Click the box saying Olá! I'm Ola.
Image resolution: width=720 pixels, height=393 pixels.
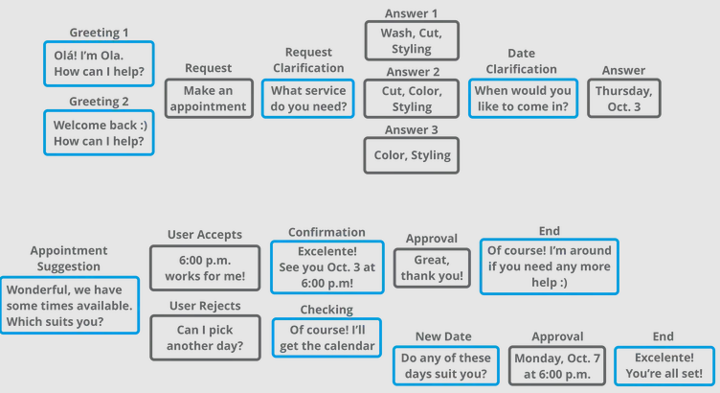coord(99,63)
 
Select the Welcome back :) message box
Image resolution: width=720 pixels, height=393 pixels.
coord(99,133)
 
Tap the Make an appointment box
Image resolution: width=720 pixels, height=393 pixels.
coord(209,99)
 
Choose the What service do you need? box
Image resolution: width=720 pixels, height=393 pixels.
coord(308,99)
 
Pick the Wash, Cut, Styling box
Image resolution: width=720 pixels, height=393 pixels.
coord(412,40)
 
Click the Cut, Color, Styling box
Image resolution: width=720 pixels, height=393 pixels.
coord(412,99)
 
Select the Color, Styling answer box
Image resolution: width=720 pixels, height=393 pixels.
coord(412,155)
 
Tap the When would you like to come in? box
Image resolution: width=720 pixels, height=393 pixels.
coord(523,99)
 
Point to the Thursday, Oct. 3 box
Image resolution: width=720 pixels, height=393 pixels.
coord(624,99)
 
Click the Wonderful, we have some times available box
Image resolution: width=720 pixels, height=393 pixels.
coord(70,305)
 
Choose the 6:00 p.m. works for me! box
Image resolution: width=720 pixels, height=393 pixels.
coord(205,268)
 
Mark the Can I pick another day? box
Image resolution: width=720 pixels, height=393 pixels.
coord(205,337)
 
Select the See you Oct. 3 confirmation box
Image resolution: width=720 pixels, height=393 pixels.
coord(326,267)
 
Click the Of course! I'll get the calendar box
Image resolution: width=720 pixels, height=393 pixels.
coord(326,337)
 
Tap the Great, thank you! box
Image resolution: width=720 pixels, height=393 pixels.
coord(432,268)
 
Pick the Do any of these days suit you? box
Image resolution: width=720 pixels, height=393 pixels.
coord(446,366)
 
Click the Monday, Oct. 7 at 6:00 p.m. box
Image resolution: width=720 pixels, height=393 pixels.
coord(557,366)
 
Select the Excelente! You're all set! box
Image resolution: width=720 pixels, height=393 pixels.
coord(664,366)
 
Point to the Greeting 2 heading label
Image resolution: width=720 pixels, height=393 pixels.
coord(99,101)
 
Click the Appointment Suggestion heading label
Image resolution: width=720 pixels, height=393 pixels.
coord(69,258)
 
